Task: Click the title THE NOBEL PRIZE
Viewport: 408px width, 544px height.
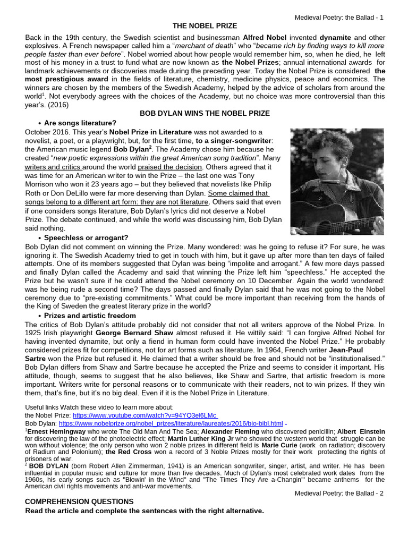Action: pyautogui.click(x=205, y=26)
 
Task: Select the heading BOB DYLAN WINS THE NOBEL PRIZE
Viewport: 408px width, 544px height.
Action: pyautogui.click(x=205, y=113)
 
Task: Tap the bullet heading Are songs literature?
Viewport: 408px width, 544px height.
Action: pyautogui.click(x=80, y=123)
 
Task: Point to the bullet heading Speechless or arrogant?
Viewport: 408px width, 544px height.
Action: pyautogui.click(x=86, y=237)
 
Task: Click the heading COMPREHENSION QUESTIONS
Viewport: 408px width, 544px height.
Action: pyautogui.click(x=80, y=501)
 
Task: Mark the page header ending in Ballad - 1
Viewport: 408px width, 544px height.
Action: pyautogui.click(x=339, y=18)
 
